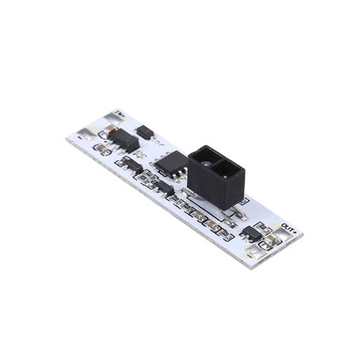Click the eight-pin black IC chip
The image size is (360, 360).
[172, 162]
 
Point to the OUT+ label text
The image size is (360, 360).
[289, 226]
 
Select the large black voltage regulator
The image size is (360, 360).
[124, 140]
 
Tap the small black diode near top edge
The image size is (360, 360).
[145, 132]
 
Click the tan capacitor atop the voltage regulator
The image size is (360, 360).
[109, 130]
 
